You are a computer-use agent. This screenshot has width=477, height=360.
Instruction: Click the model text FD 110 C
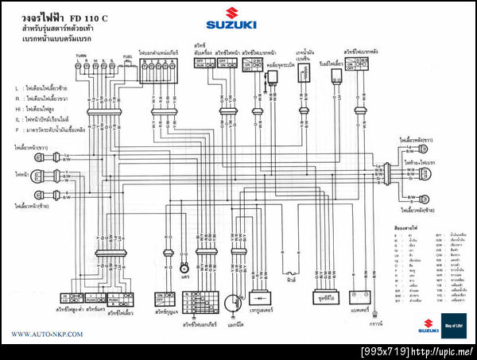pos(88,17)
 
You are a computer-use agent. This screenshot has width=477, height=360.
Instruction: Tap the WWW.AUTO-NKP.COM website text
pos(44,335)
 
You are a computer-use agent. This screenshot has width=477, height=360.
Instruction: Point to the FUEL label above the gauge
pos(127,56)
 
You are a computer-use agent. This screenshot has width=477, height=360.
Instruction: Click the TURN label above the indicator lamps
pos(81,55)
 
